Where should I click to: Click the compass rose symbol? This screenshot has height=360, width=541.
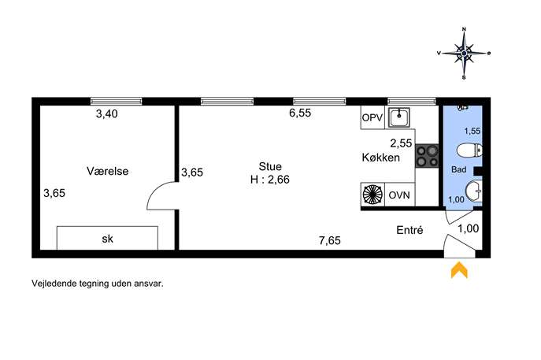tap(464, 53)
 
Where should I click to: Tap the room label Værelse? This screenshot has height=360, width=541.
tap(107, 171)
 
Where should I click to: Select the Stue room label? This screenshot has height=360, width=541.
tap(270, 166)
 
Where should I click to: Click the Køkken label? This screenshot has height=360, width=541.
tap(381, 158)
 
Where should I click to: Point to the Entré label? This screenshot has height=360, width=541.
tap(409, 230)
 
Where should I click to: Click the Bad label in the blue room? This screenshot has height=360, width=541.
tap(459, 169)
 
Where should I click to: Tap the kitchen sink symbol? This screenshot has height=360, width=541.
tap(399, 117)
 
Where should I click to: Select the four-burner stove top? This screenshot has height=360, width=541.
tap(427, 156)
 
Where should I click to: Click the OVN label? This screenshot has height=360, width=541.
tap(399, 195)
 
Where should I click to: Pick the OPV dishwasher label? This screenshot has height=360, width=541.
tap(372, 117)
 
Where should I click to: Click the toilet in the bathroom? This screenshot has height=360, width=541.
tap(469, 150)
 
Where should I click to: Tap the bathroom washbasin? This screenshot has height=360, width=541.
tap(473, 191)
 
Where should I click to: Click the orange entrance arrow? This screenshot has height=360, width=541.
tap(459, 269)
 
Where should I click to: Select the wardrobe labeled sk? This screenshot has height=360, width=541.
tap(107, 238)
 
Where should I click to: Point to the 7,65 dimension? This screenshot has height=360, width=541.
tap(330, 240)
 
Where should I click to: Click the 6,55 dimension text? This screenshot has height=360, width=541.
tap(300, 113)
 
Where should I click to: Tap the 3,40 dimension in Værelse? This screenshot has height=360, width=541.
tap(106, 113)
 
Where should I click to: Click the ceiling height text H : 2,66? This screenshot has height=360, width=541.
tap(270, 180)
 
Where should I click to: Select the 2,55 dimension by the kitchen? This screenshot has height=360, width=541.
tap(401, 143)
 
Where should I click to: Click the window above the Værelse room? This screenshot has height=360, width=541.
tap(117, 101)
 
